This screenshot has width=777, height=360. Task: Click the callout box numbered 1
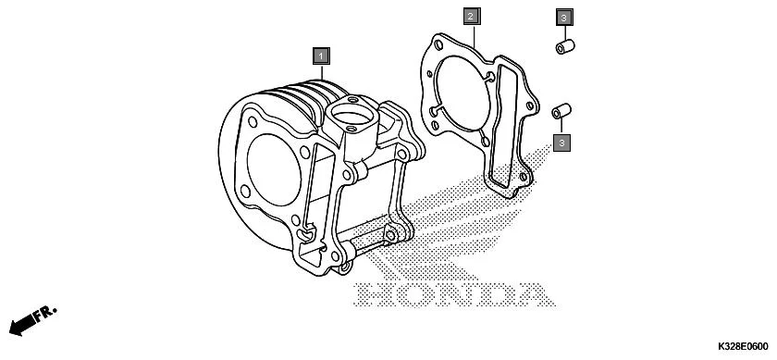click(321, 56)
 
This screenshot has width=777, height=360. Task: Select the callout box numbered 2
click(471, 17)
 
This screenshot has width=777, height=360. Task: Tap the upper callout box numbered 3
click(564, 17)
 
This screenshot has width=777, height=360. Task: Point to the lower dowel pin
click(560, 111)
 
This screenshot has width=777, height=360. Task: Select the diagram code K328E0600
click(741, 346)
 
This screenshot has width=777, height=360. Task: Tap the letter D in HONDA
click(491, 294)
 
